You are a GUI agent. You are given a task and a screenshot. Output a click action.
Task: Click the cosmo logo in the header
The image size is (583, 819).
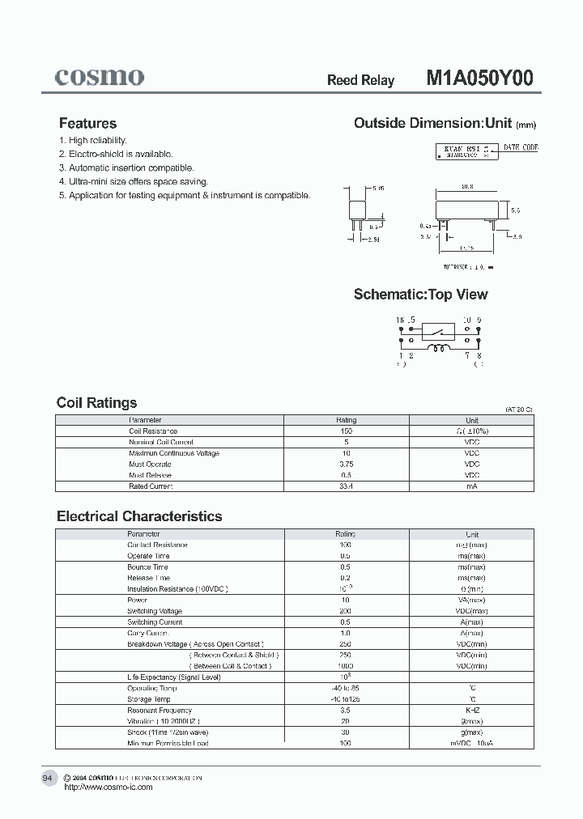click(100, 77)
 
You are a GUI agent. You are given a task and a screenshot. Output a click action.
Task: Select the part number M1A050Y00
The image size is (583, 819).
click(479, 79)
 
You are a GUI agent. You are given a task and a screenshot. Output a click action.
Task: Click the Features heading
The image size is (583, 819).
click(87, 124)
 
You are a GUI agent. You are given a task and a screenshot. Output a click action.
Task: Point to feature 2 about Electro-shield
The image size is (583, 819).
click(121, 154)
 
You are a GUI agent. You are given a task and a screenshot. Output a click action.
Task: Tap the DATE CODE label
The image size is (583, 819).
click(521, 148)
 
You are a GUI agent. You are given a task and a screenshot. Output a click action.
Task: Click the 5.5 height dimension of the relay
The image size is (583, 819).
click(516, 210)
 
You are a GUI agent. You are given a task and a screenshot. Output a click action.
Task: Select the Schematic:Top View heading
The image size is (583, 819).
click(420, 295)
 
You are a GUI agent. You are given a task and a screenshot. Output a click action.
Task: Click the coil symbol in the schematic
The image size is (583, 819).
click(441, 350)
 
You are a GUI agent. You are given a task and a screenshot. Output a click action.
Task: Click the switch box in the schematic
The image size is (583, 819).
click(440, 331)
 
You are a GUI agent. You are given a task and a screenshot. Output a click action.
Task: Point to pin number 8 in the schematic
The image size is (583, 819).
click(479, 355)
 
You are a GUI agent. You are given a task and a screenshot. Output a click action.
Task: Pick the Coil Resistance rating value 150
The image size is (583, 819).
click(346, 431)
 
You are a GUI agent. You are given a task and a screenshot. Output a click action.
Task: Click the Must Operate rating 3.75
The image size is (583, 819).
click(346, 465)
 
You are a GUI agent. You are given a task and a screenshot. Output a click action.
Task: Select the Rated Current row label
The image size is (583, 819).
click(151, 486)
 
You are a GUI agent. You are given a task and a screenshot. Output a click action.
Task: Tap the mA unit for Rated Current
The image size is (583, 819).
click(471, 486)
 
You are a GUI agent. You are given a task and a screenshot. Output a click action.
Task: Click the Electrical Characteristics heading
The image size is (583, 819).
click(139, 516)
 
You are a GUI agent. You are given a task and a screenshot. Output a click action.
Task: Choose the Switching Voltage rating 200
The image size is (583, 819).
click(346, 611)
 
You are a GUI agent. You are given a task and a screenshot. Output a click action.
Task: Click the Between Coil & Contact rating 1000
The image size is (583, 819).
click(346, 666)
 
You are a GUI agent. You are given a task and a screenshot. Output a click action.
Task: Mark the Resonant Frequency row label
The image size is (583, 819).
click(160, 710)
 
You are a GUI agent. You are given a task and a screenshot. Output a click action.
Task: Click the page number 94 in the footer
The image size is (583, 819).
click(47, 778)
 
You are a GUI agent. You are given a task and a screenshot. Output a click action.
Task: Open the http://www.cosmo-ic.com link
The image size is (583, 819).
click(108, 787)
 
